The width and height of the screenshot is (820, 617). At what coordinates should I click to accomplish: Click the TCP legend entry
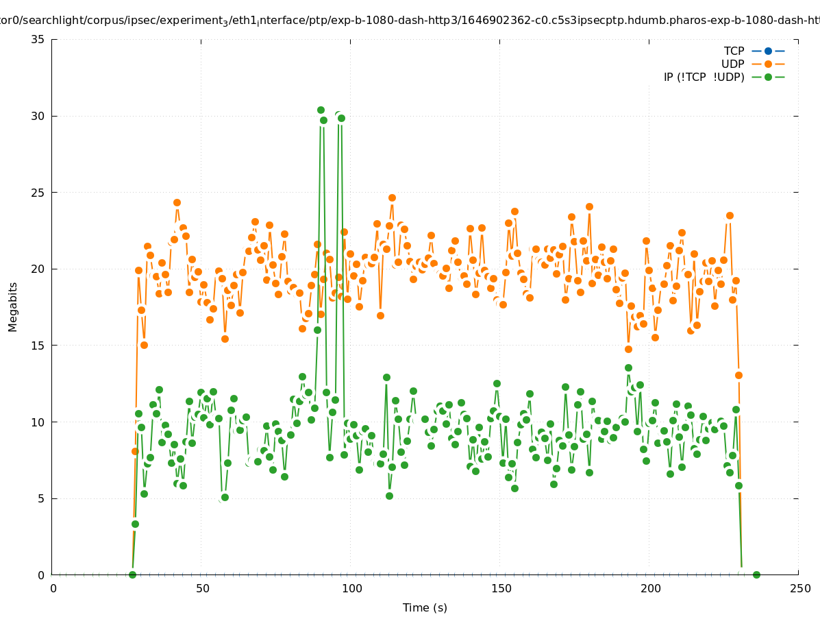[x=734, y=51]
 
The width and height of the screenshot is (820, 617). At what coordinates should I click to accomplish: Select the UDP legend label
[x=732, y=64]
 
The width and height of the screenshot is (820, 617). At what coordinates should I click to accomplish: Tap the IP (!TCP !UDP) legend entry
[x=704, y=77]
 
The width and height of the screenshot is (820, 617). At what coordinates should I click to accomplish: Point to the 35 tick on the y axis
[x=38, y=39]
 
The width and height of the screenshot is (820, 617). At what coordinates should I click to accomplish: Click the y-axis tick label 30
[x=38, y=116]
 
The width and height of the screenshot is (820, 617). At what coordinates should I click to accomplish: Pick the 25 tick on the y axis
[x=38, y=193]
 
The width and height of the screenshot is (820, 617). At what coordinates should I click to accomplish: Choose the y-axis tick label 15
[x=38, y=346]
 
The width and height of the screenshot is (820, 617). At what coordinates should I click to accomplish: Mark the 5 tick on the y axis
[x=40, y=498]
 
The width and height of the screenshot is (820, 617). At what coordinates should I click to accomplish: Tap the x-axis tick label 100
[x=351, y=588]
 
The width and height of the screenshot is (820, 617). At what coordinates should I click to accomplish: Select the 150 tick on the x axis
[x=500, y=588]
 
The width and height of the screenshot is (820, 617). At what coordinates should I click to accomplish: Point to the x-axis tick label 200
[x=649, y=588]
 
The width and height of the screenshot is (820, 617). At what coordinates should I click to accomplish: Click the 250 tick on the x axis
[x=799, y=588]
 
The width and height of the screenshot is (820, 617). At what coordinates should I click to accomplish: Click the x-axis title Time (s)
[x=425, y=607]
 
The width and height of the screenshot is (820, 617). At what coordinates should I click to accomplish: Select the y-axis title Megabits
[x=14, y=306]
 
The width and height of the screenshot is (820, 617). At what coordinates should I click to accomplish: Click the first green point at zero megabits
[x=132, y=574]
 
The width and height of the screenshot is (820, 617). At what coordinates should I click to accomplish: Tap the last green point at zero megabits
[x=756, y=574]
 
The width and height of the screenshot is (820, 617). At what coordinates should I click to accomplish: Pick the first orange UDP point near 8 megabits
[x=135, y=451]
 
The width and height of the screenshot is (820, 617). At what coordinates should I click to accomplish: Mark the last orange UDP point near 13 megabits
[x=738, y=375]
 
